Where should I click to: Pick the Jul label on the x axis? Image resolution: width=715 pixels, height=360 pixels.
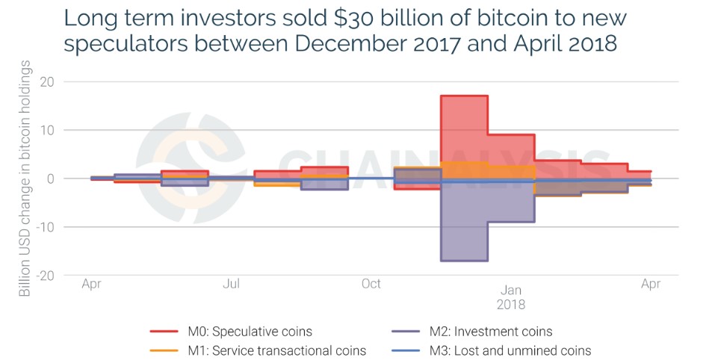click(231, 284)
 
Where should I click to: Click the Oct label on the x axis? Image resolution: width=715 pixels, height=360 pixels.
click(371, 284)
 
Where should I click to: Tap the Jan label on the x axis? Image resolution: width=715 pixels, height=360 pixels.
click(511, 290)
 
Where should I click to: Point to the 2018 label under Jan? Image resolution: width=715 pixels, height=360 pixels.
click(511, 305)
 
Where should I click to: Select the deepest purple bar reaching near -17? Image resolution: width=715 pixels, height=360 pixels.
click(464, 224)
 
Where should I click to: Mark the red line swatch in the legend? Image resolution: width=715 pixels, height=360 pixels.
click(164, 331)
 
